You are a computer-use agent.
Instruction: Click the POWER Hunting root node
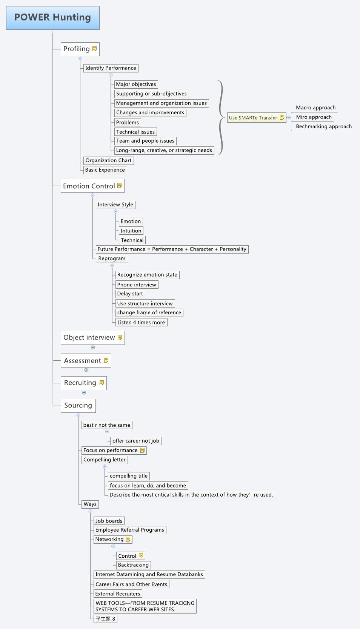click(x=53, y=18)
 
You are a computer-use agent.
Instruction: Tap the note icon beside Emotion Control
click(x=120, y=186)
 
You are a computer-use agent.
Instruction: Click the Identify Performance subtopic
click(x=111, y=68)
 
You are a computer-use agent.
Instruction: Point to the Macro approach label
click(x=315, y=108)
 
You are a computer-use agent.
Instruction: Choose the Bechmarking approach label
click(x=323, y=127)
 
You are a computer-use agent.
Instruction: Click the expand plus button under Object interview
click(x=93, y=347)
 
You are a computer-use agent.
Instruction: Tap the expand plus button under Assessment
click(x=86, y=370)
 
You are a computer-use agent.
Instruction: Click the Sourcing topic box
click(x=78, y=406)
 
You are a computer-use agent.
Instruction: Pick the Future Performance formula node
click(x=172, y=249)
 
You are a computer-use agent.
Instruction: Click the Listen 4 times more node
click(x=141, y=323)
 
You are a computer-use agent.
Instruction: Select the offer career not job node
click(x=136, y=441)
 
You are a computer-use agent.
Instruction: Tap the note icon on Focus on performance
click(x=142, y=450)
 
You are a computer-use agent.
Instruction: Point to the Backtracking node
click(x=133, y=565)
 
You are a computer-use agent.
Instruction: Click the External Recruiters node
click(x=117, y=594)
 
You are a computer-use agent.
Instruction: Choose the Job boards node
click(x=109, y=521)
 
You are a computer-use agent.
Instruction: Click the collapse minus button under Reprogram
click(x=112, y=265)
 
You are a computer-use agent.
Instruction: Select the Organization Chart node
click(x=108, y=161)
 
